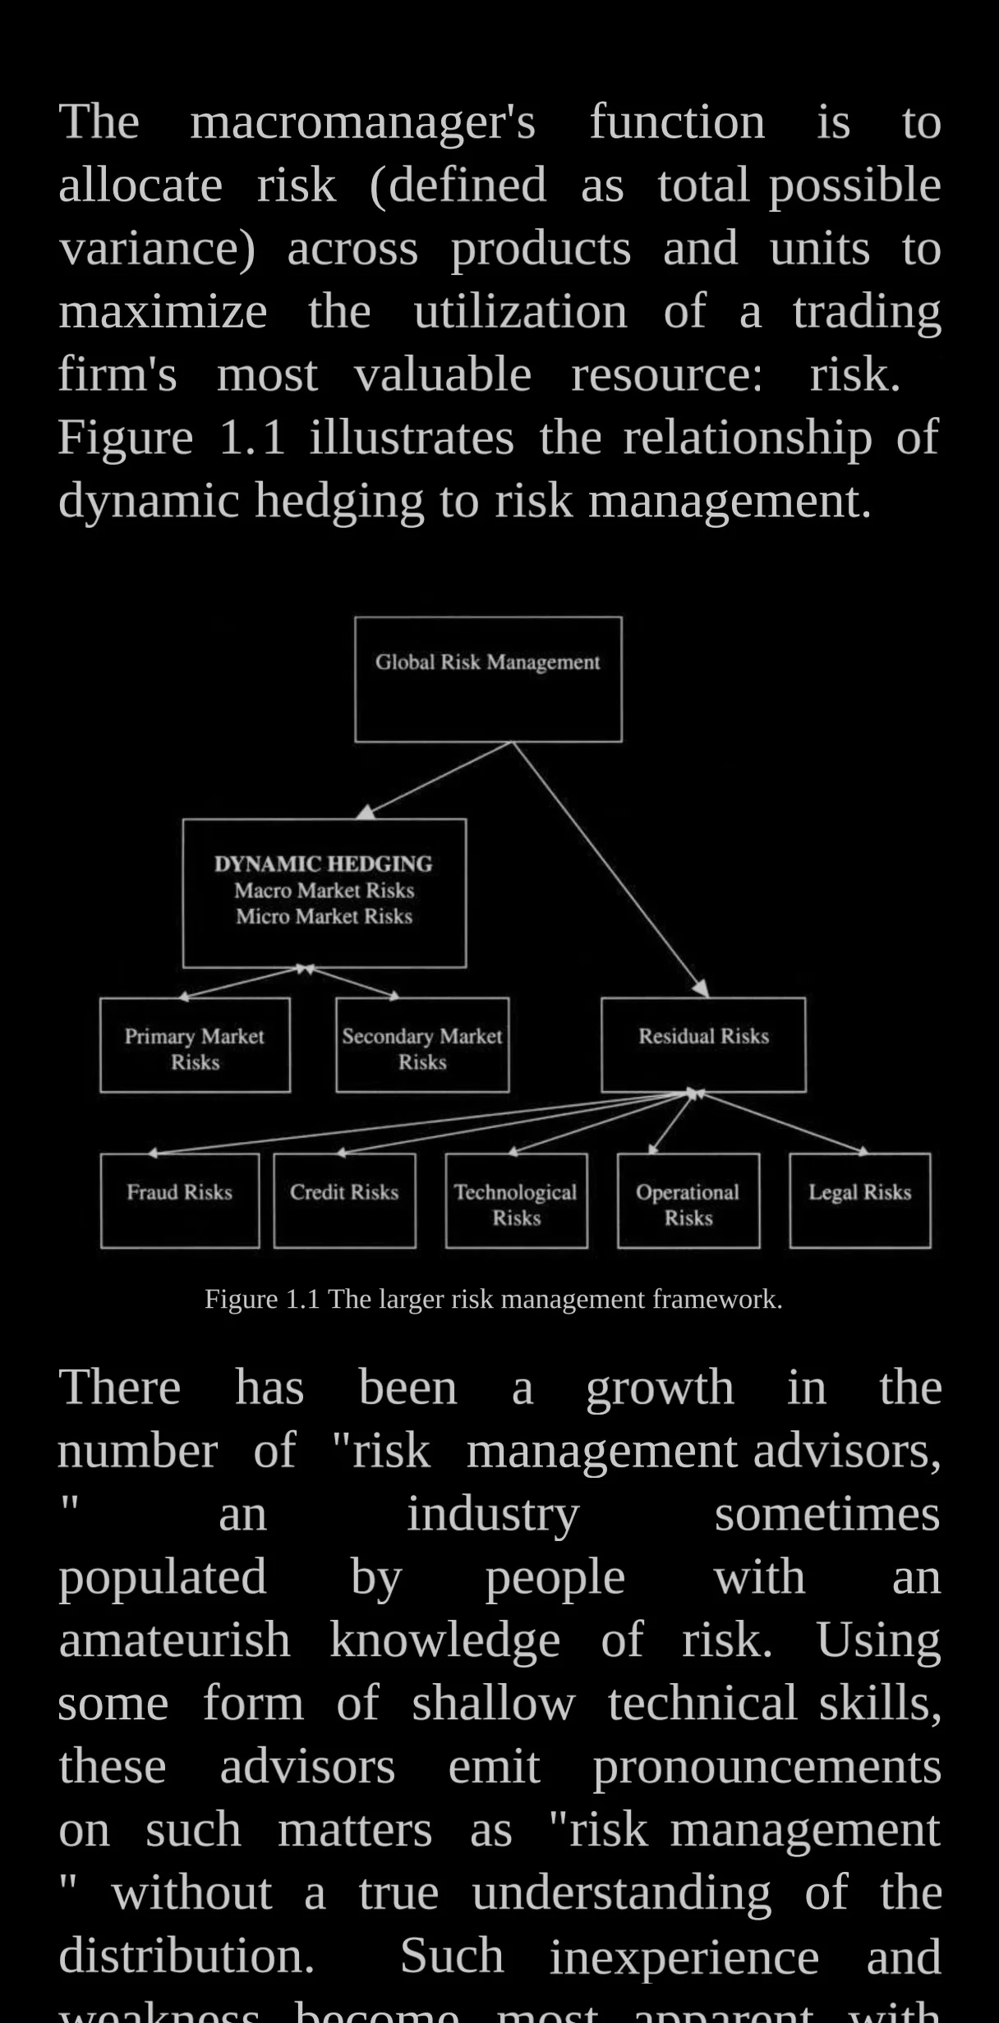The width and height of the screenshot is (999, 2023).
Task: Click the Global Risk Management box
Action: (x=488, y=679)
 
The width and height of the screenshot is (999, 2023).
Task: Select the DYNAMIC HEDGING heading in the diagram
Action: (x=323, y=864)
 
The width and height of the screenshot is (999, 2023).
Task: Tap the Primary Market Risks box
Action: (x=195, y=1045)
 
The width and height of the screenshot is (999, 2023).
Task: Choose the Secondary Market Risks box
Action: (x=422, y=1045)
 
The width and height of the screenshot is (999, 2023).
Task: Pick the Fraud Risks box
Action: (x=180, y=1200)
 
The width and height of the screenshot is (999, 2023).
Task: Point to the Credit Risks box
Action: (x=344, y=1200)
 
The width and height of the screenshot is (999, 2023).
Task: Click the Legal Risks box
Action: (x=860, y=1200)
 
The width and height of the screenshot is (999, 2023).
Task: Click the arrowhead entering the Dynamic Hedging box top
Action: (x=366, y=812)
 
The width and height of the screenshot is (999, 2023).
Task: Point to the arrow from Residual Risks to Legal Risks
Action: (x=780, y=1122)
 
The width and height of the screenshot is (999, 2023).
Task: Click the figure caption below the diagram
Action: (x=493, y=1299)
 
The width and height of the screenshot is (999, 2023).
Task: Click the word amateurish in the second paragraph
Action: (x=174, y=1640)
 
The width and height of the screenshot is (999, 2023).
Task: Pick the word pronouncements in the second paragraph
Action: (x=767, y=1766)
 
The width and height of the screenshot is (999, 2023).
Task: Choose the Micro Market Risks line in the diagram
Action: (x=324, y=916)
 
